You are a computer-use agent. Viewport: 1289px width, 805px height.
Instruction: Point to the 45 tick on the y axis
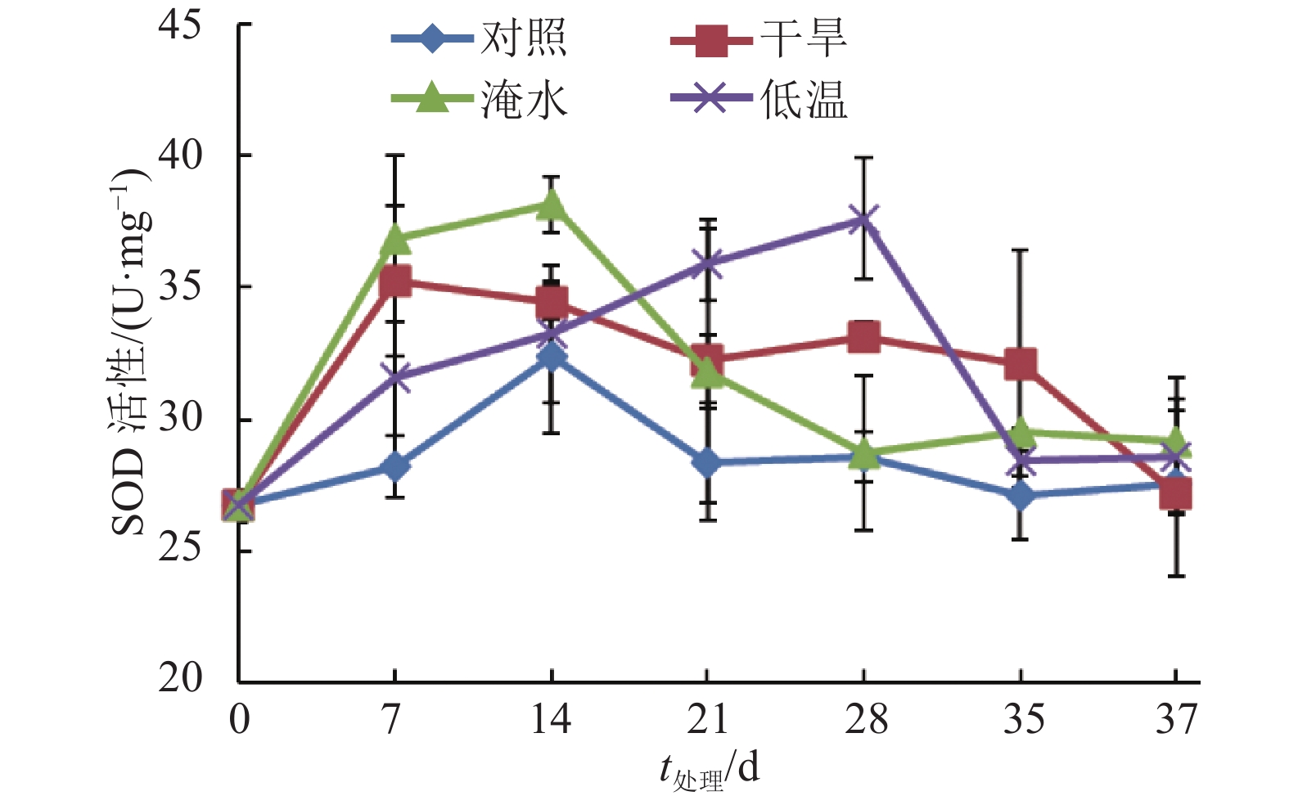click(179, 25)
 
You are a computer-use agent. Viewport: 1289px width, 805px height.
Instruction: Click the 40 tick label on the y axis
click(179, 155)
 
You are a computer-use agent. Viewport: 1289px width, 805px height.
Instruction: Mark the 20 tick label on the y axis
click(179, 677)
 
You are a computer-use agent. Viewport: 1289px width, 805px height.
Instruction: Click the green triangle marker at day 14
click(552, 202)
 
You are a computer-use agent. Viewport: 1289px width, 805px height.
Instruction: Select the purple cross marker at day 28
click(864, 219)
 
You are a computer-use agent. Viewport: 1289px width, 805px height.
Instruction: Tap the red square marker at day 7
click(395, 281)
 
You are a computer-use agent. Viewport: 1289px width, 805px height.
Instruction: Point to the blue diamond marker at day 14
click(552, 356)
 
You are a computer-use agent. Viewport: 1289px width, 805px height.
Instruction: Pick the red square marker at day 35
click(1021, 362)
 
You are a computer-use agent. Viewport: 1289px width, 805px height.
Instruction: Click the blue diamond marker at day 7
click(395, 466)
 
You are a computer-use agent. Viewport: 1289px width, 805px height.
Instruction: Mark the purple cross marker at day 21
click(707, 263)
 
